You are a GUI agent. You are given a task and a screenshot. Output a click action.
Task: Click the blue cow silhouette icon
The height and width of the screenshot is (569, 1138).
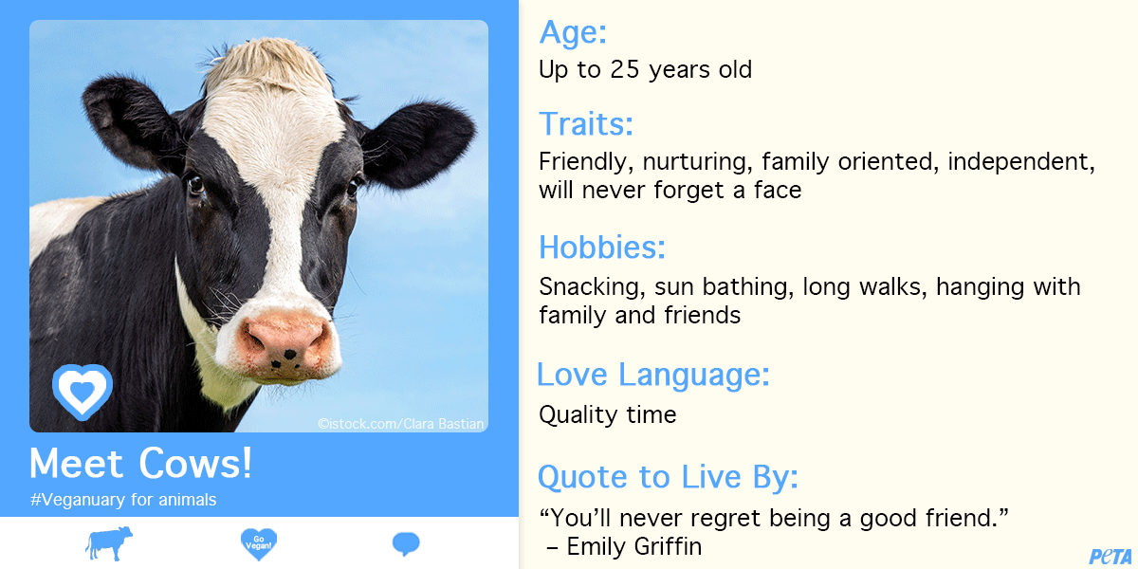109,543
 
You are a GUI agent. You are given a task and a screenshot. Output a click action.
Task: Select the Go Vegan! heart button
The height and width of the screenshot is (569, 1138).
259,543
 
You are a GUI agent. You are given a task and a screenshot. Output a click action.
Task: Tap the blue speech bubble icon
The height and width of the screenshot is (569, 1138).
406,543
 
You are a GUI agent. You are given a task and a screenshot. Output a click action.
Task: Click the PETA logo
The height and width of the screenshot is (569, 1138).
1110,557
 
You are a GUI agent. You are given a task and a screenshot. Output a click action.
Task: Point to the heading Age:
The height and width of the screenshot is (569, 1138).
573,32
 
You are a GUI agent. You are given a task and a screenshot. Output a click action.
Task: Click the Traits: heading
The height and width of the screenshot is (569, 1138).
586,123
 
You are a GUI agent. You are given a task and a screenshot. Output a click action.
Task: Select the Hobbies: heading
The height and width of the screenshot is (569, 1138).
602,247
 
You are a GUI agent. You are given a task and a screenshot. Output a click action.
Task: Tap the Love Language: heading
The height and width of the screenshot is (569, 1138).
653,375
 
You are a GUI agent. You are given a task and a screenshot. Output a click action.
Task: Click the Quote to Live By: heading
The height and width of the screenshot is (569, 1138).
668,476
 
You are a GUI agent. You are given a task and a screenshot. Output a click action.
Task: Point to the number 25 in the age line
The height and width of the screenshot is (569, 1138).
624,69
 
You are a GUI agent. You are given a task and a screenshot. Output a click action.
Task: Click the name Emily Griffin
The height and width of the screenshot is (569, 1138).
634,546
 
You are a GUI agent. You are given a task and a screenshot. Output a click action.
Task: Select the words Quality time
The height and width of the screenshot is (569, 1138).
608,414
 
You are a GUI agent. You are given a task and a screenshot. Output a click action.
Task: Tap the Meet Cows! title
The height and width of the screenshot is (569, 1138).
140,463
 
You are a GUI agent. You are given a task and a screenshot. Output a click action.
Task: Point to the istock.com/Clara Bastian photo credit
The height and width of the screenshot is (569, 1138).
401,424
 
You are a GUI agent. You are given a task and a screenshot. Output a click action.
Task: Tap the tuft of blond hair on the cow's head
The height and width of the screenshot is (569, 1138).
269,64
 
